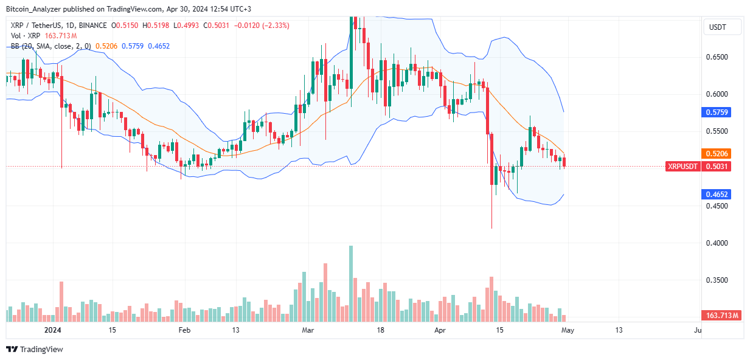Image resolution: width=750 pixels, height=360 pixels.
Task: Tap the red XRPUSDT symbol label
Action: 682,166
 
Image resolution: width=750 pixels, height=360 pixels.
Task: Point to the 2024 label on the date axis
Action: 54,330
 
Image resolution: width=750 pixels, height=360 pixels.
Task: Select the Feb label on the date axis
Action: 184,330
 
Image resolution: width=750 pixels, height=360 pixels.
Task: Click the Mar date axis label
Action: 308,330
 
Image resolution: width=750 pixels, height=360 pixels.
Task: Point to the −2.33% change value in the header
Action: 277,26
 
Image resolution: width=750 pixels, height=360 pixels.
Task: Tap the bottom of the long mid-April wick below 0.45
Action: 491,228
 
